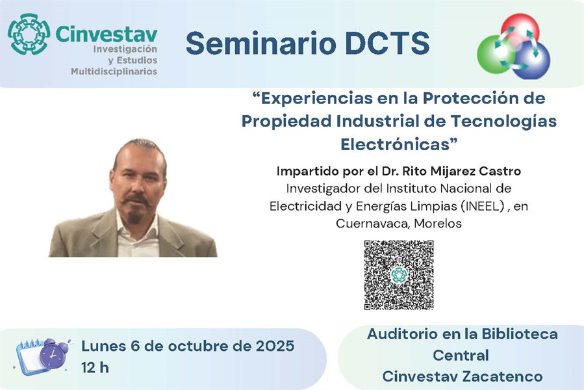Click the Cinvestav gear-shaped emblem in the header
[x=29, y=34]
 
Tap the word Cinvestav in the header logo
[x=106, y=34]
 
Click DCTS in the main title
[x=387, y=44]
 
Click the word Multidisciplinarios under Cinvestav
[x=114, y=71]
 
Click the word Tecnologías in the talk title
[x=503, y=122]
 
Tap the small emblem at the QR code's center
[x=399, y=275]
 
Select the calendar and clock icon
[x=42, y=356]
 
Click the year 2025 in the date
[x=275, y=346]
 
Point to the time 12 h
[x=95, y=368]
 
